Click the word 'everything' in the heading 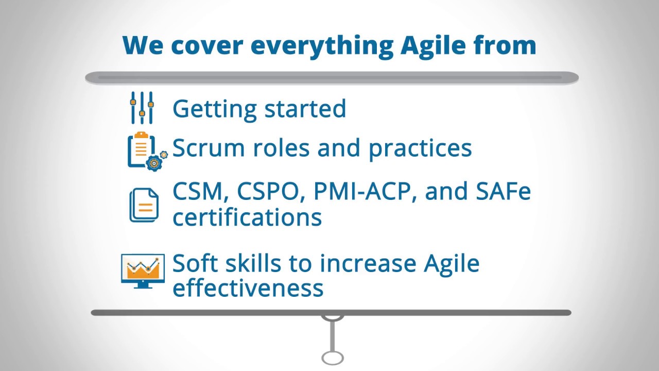click(x=322, y=46)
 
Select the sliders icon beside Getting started click(x=142, y=108)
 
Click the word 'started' click(x=305, y=108)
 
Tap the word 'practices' click(x=420, y=149)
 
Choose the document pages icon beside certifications click(x=144, y=205)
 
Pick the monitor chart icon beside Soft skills click(x=143, y=271)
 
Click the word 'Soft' click(x=195, y=263)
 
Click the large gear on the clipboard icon click(x=154, y=163)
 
